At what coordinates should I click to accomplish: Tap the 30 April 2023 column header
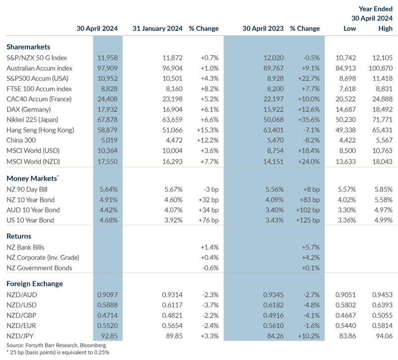click(262, 29)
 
